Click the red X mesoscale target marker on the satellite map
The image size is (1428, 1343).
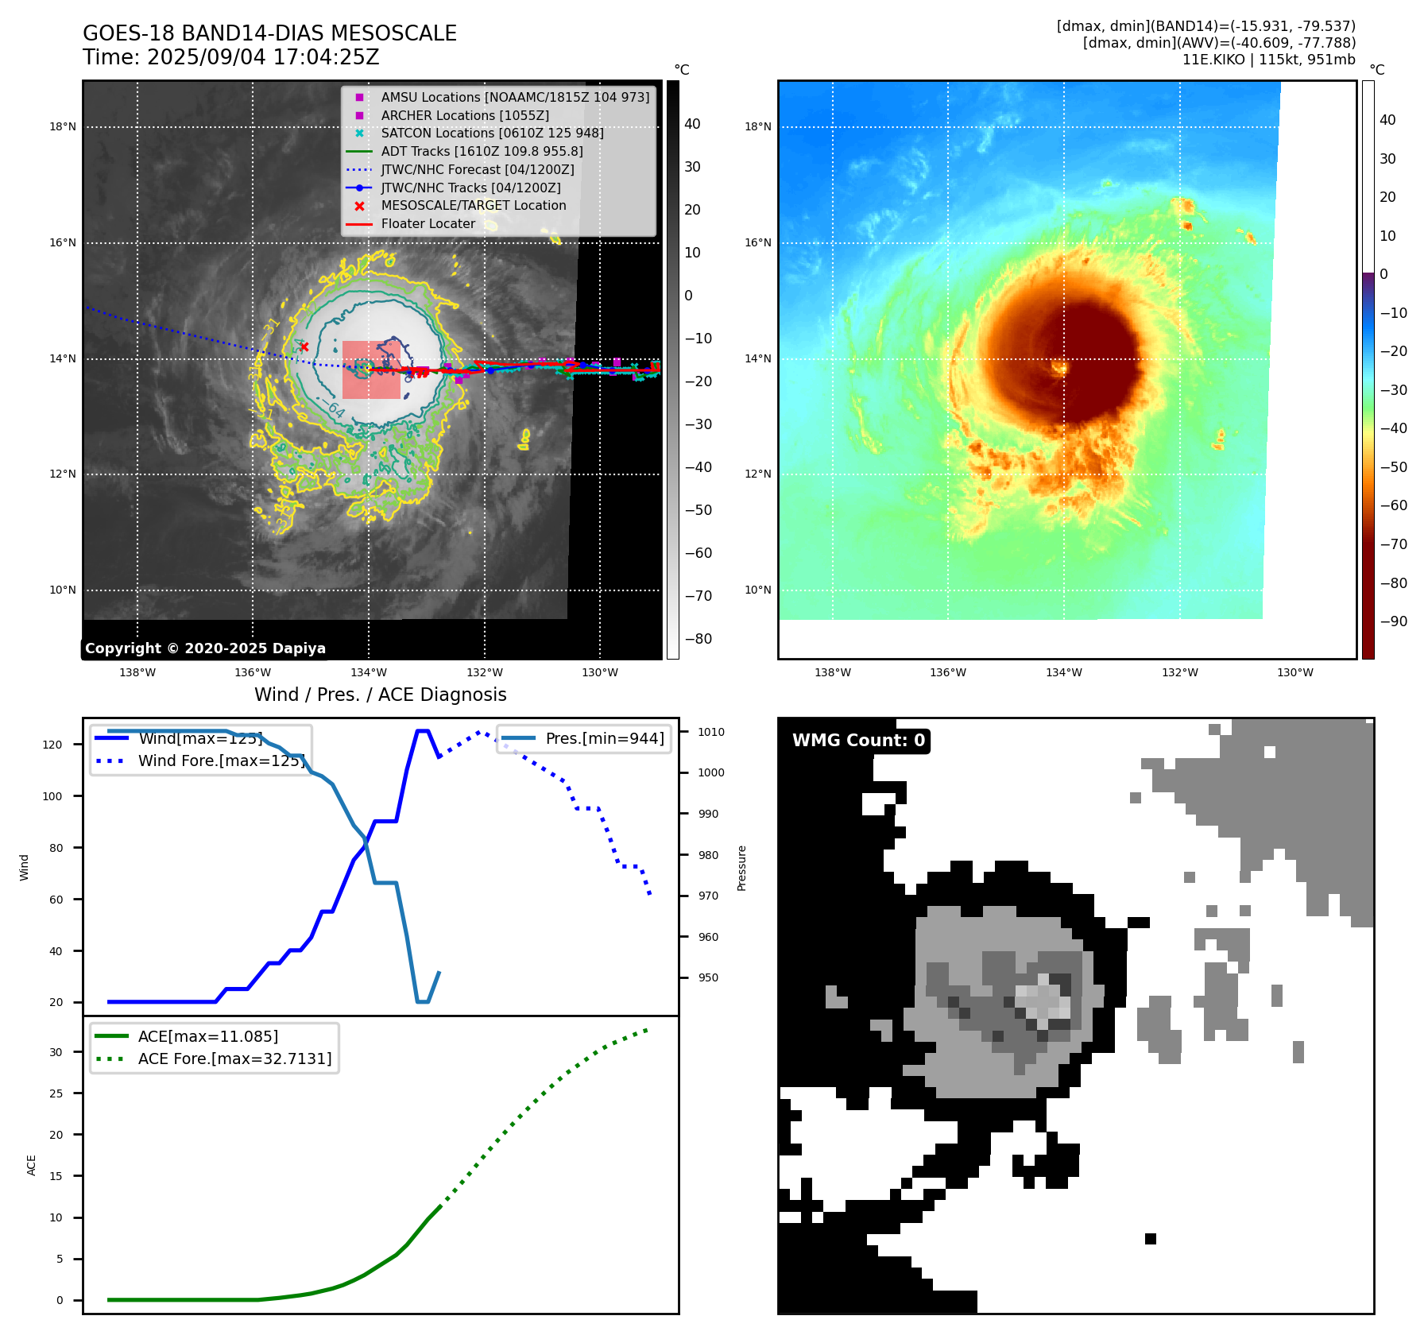pyautogui.click(x=304, y=346)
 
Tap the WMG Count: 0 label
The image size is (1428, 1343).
pyautogui.click(x=858, y=741)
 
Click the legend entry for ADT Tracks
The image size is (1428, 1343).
pyautogui.click(x=482, y=151)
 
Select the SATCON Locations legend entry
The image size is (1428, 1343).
pyautogui.click(x=492, y=134)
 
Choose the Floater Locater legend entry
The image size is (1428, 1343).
pyautogui.click(x=428, y=223)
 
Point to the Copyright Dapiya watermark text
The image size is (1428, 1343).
pyautogui.click(x=205, y=648)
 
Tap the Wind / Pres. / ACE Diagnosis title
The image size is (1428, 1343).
pyautogui.click(x=380, y=695)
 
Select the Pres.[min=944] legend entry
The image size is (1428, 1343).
pyautogui.click(x=604, y=738)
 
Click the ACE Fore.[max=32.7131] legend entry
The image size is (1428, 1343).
pyautogui.click(x=234, y=1059)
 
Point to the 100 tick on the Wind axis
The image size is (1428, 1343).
pyautogui.click(x=52, y=796)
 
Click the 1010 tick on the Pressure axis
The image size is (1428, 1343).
pyautogui.click(x=711, y=732)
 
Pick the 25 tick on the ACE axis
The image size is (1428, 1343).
pyautogui.click(x=56, y=1093)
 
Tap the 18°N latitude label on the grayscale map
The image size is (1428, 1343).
pyautogui.click(x=63, y=126)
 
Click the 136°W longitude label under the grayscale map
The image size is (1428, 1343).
pyautogui.click(x=253, y=672)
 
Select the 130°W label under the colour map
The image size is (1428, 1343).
pyautogui.click(x=1294, y=672)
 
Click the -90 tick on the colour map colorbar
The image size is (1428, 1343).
pyautogui.click(x=1393, y=621)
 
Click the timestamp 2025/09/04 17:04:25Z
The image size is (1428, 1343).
pyautogui.click(x=262, y=58)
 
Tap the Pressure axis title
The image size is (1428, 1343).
pyautogui.click(x=741, y=868)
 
